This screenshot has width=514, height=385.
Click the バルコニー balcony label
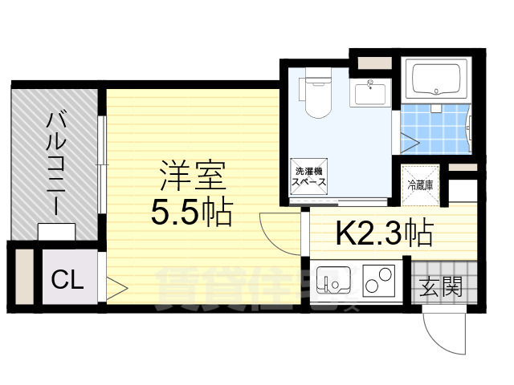[x=55, y=160]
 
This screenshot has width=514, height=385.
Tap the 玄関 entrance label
[x=440, y=285]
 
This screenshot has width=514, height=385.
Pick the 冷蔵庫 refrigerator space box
[x=419, y=184]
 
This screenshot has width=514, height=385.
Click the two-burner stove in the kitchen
[x=375, y=282]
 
